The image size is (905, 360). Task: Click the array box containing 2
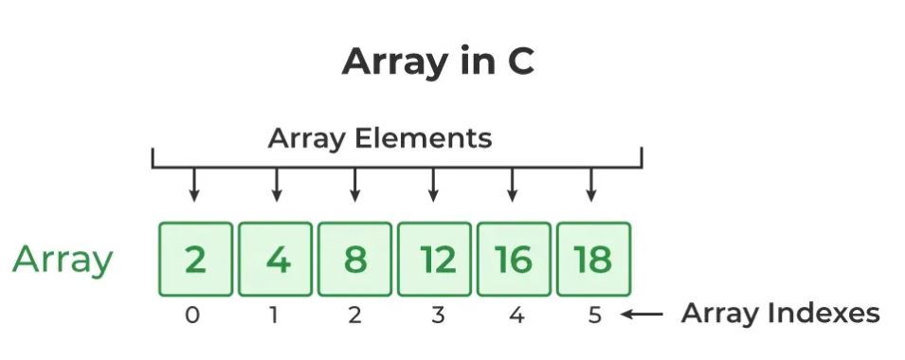click(x=195, y=259)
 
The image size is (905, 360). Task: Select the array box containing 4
click(x=276, y=259)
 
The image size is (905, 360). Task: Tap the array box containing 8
click(x=355, y=259)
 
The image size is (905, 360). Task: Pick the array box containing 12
click(x=435, y=259)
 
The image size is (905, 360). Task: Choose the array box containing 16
click(x=515, y=259)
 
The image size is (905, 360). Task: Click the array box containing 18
click(x=594, y=259)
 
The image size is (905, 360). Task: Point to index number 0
click(x=192, y=315)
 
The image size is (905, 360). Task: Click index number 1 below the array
click(x=274, y=315)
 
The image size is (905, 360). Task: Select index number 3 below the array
click(x=438, y=315)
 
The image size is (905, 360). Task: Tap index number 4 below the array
click(x=516, y=315)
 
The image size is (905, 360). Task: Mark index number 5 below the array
click(x=595, y=315)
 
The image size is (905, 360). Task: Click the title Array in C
click(x=438, y=62)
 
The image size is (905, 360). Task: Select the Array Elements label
click(x=380, y=139)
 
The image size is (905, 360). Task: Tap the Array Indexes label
click(x=780, y=314)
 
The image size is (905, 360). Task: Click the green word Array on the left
click(x=63, y=261)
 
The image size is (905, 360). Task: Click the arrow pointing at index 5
click(x=642, y=315)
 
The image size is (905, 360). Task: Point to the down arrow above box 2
click(x=194, y=185)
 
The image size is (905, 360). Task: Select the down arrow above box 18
click(x=590, y=185)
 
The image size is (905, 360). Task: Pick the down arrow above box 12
click(x=433, y=185)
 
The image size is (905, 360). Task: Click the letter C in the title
click(x=520, y=62)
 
